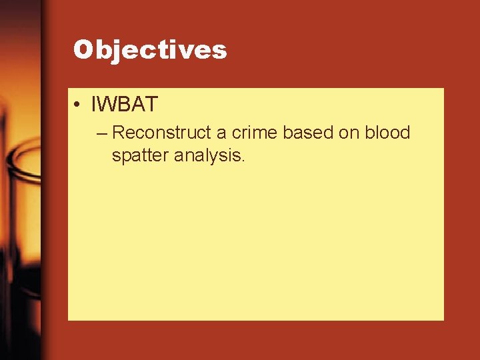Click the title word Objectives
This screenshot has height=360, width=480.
[x=150, y=49]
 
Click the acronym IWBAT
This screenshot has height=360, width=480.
[x=125, y=105]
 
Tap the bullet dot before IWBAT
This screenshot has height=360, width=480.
[x=78, y=105]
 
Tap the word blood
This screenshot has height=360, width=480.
[x=387, y=133]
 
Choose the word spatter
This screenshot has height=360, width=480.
[x=140, y=157]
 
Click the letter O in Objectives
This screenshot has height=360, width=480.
[x=83, y=49]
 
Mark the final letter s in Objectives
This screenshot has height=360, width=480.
[x=220, y=51]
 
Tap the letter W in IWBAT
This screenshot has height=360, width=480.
[x=107, y=105]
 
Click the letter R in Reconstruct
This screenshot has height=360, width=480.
[x=119, y=133]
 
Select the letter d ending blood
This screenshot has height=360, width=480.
[x=405, y=133]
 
